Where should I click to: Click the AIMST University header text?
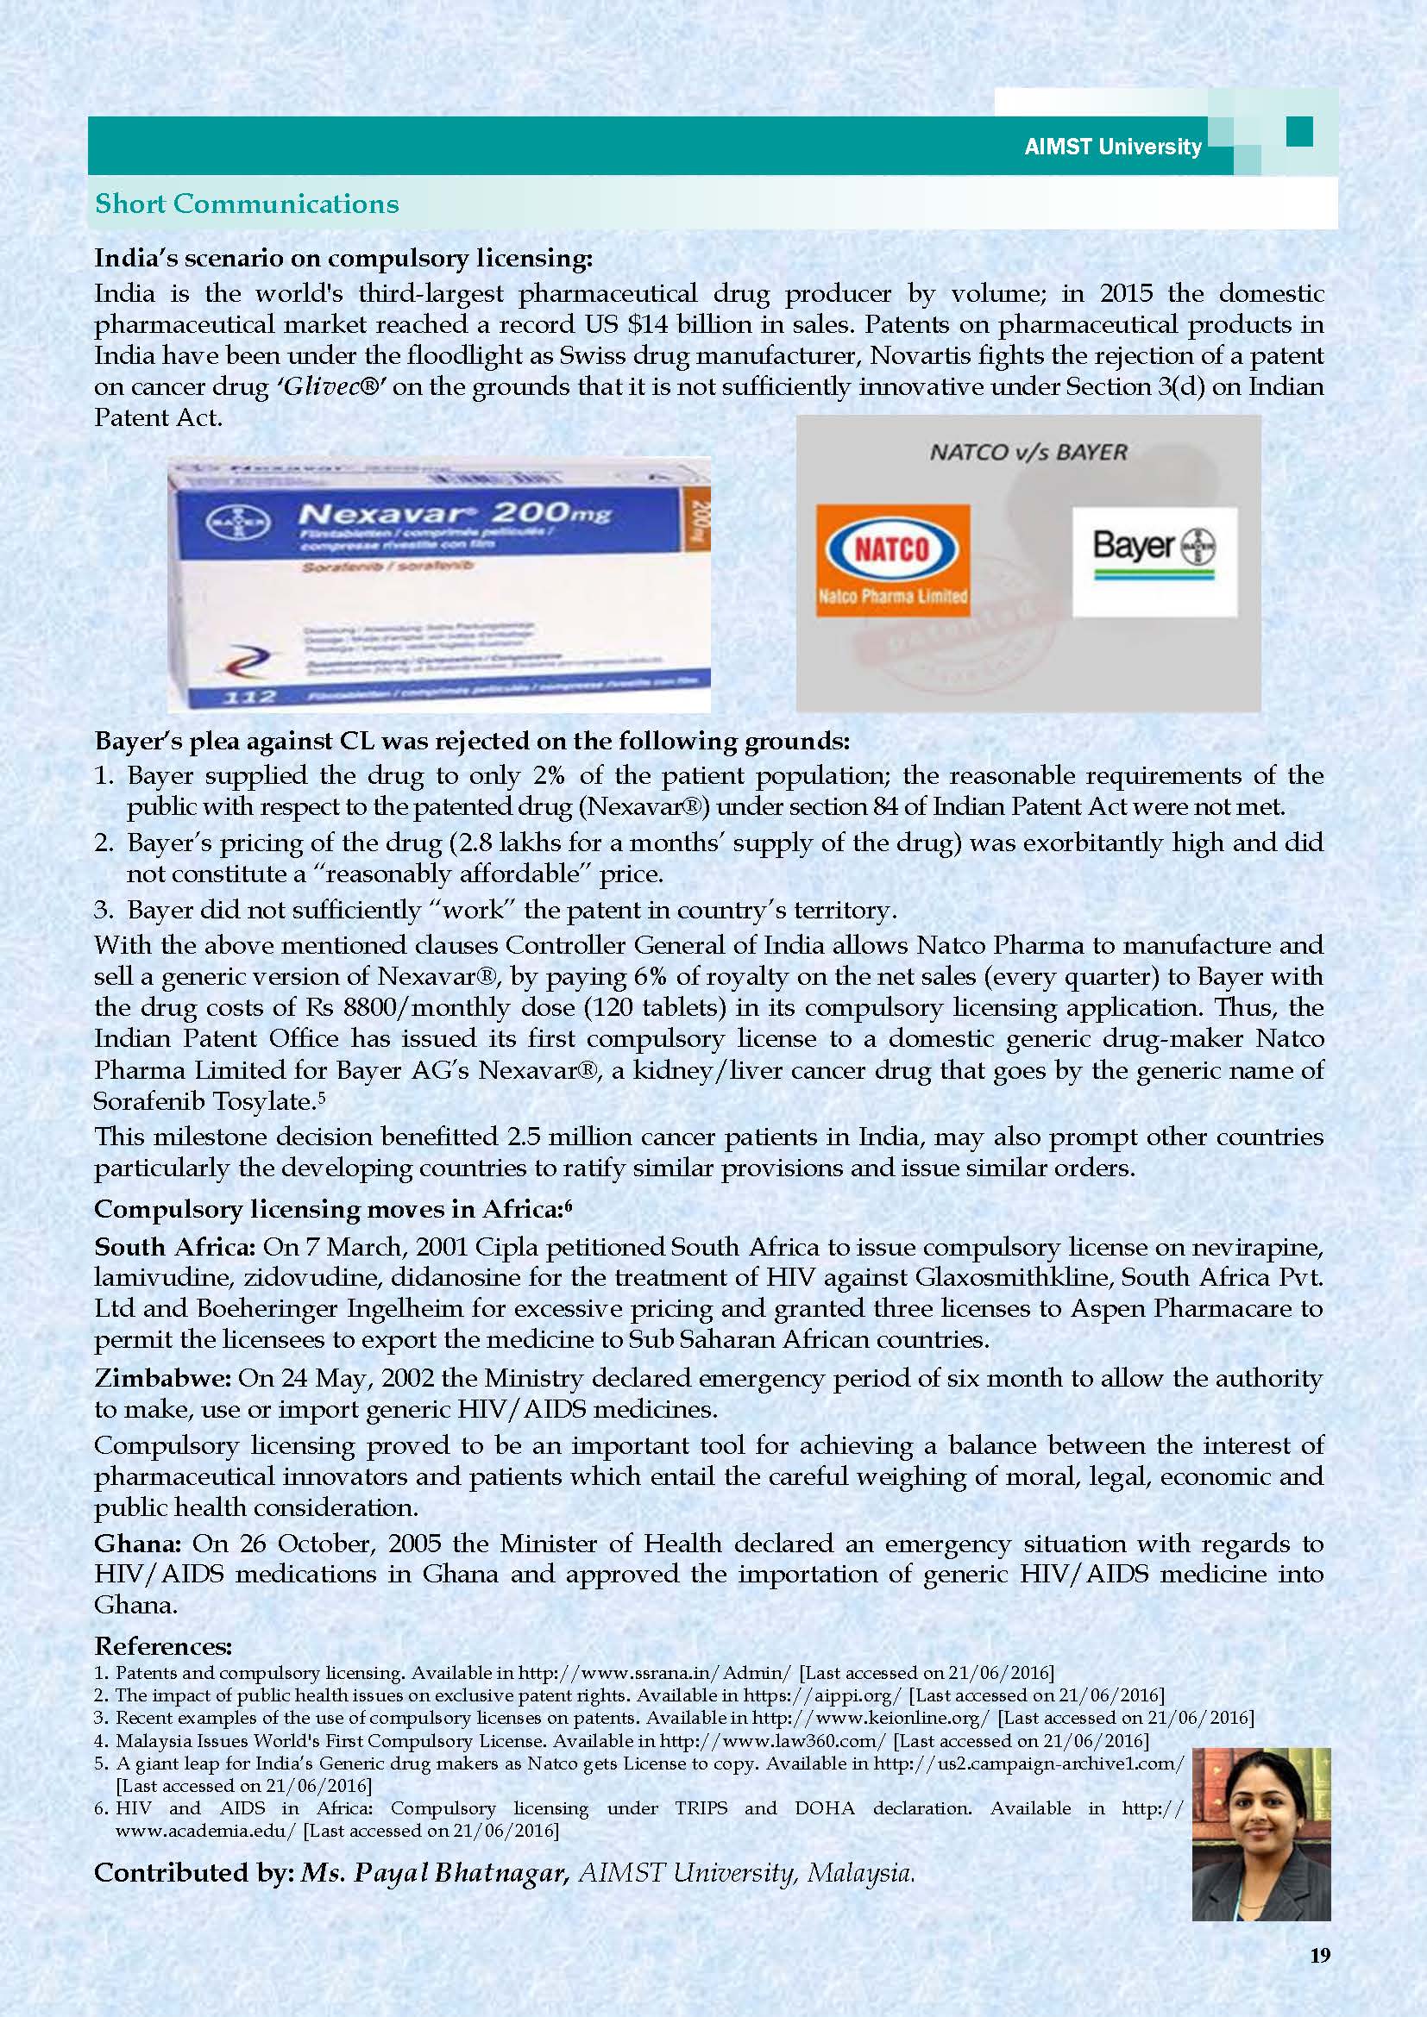1112,147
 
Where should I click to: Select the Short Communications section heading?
247,204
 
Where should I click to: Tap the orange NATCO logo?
893,560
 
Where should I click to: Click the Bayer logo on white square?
1154,560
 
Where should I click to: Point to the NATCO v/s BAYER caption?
1028,453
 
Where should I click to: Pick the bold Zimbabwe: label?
163,1377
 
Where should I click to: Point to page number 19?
1320,1979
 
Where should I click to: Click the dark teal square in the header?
1298,133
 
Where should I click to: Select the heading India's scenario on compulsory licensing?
343,259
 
